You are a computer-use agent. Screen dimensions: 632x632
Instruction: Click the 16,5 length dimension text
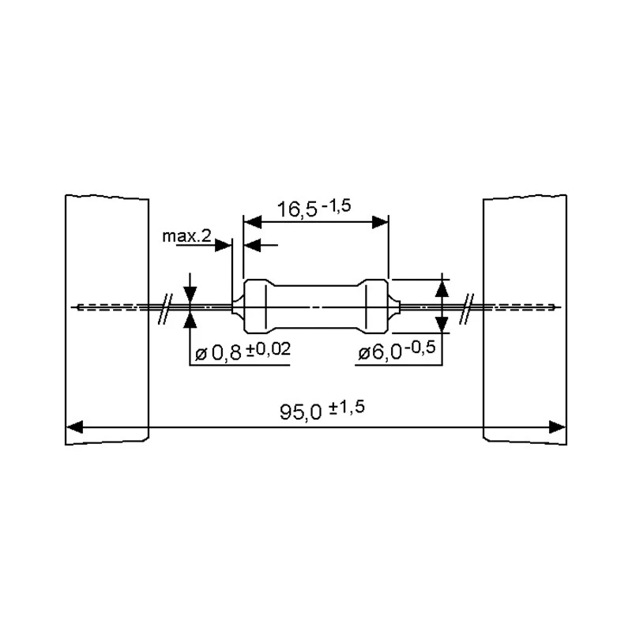[298, 209]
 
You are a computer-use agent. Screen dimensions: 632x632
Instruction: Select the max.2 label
[186, 236]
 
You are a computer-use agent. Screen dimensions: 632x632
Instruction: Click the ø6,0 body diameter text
[382, 355]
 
